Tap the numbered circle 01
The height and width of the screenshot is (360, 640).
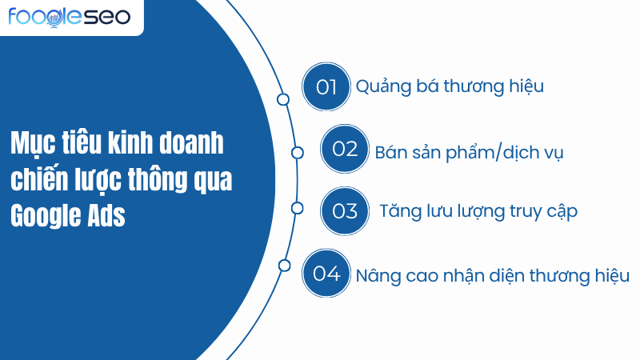pos(326,87)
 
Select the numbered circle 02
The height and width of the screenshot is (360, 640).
pos(344,150)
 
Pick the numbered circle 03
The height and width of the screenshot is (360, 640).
pos(344,211)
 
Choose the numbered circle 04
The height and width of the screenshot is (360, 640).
pos(326,274)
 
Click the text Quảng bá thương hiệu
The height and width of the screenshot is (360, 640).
pos(450,87)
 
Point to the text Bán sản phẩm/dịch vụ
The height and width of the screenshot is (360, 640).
pos(469,152)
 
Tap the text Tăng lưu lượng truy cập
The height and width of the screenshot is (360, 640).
pos(478,212)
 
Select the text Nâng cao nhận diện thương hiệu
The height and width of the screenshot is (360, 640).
pos(493,275)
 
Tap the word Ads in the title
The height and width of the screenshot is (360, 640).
pos(106,216)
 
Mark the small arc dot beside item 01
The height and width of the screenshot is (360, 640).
pos(282,99)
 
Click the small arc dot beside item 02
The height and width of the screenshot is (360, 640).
pos(298,152)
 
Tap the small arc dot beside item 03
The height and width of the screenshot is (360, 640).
pos(298,208)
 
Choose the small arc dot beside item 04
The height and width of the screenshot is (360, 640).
pos(283,265)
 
